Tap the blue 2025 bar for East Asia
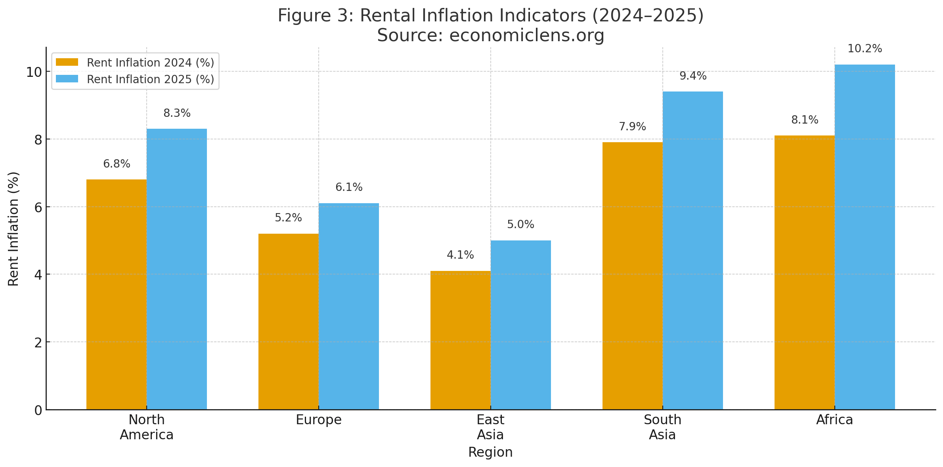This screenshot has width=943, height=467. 520,325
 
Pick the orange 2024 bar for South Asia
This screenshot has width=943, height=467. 632,276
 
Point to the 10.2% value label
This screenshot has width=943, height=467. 865,49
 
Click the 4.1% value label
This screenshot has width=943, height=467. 460,255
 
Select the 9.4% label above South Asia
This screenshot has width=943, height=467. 693,76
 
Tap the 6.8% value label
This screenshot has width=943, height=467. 117,164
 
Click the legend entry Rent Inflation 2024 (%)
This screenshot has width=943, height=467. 150,63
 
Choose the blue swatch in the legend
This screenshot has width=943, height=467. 67,79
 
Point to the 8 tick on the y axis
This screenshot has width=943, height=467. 38,139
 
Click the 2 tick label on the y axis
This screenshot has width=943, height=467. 38,342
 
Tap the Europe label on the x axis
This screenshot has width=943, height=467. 319,420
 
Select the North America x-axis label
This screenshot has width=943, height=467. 147,427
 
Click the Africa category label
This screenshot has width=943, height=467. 834,420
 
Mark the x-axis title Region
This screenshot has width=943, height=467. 490,452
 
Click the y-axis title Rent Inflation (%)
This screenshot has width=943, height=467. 13,229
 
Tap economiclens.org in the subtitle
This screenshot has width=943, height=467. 526,36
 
